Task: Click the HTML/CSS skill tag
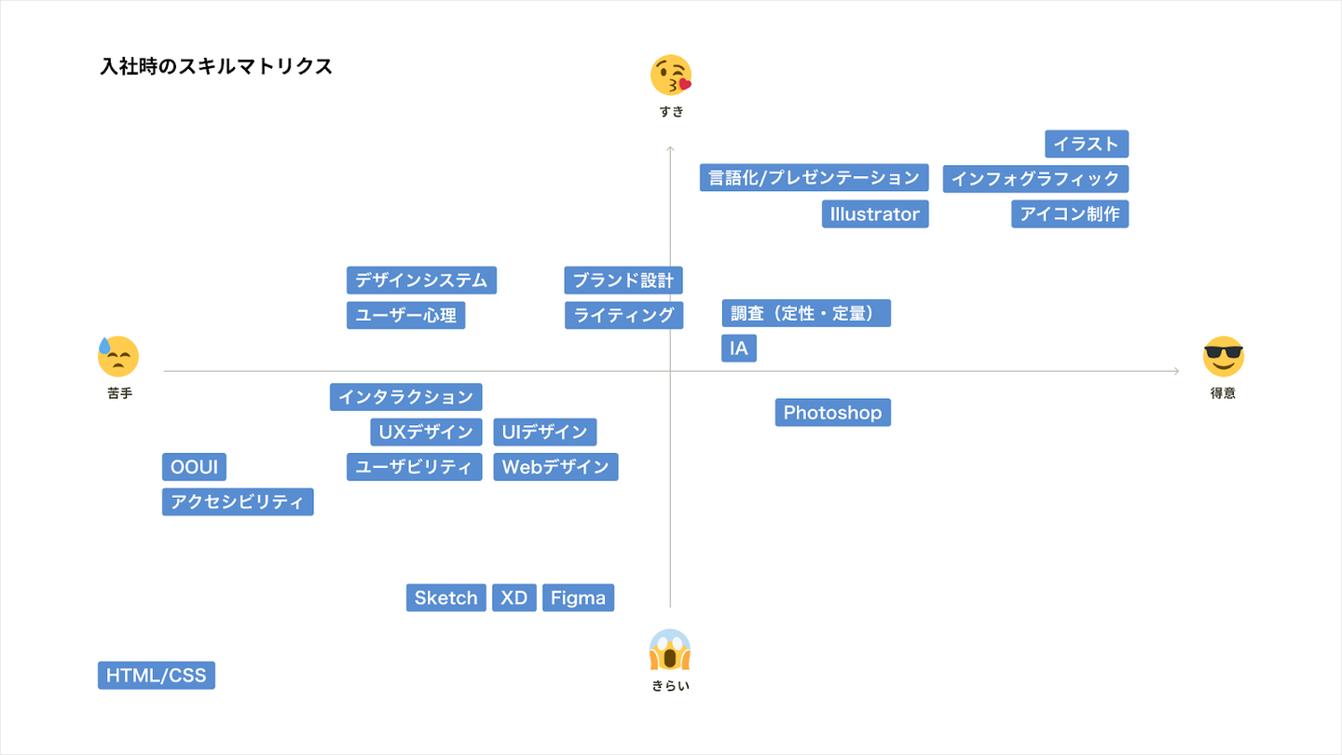[157, 676]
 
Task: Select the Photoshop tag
[832, 412]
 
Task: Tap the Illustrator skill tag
[875, 213]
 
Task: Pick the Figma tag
[578, 597]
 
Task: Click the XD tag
[514, 597]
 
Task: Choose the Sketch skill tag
[445, 597]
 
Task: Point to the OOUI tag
[194, 467]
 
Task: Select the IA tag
[739, 349]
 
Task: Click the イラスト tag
[1087, 144]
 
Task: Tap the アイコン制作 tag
[1070, 213]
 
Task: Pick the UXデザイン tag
[426, 432]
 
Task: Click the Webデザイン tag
[555, 467]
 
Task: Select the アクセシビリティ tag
[238, 501]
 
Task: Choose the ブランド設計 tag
[623, 280]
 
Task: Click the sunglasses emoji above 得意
[1223, 356]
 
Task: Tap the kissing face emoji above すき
[671, 75]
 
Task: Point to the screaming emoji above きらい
[670, 651]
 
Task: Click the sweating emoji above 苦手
[118, 356]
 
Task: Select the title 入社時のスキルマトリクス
[216, 66]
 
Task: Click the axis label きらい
[671, 686]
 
